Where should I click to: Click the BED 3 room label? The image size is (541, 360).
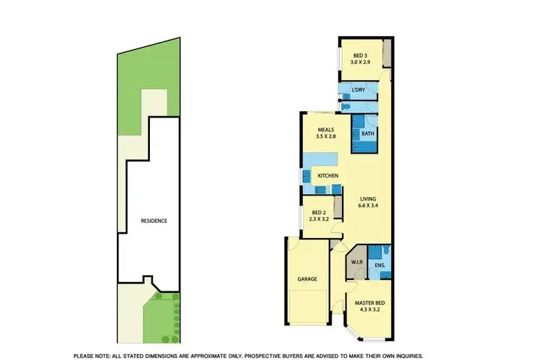tap(359, 56)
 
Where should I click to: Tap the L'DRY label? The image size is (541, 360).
tap(358, 90)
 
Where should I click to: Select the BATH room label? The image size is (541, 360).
tap(367, 134)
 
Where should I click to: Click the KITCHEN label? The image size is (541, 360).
tap(328, 176)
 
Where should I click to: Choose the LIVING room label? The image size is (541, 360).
tap(367, 198)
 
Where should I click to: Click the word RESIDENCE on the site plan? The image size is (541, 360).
tap(154, 221)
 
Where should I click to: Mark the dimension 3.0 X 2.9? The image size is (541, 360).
tap(359, 63)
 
